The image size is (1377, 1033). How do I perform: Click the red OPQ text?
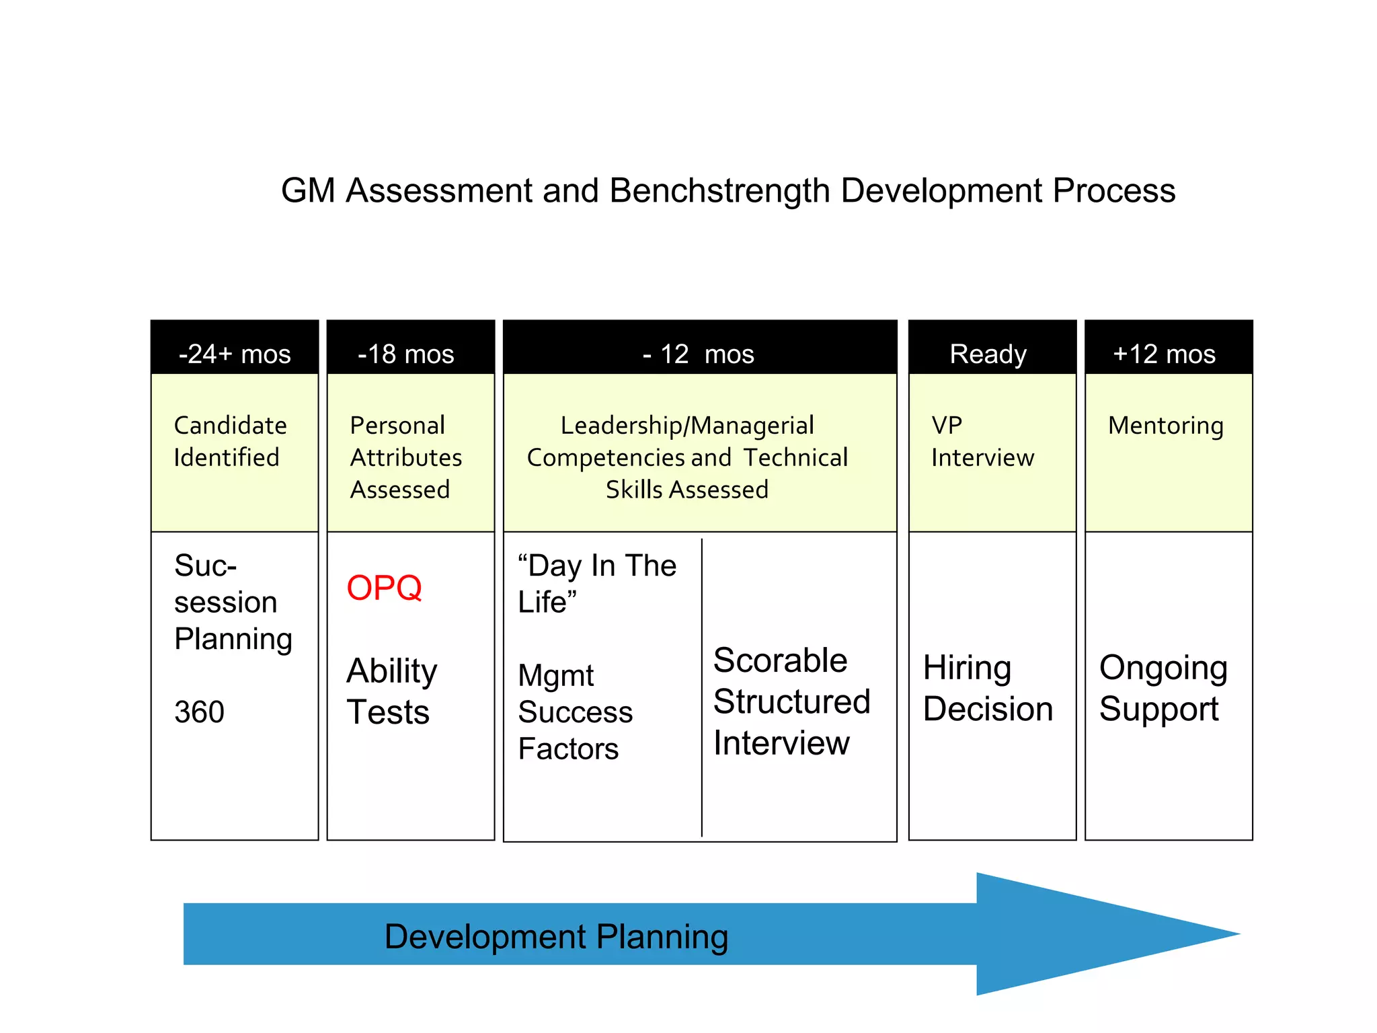tap(384, 588)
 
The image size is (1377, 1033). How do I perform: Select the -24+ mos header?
tap(235, 354)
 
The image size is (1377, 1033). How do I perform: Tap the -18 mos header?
tap(406, 354)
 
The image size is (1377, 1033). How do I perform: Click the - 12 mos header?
tap(699, 354)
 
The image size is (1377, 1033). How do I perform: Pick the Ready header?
tap(988, 354)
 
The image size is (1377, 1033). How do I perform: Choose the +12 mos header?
tap(1164, 354)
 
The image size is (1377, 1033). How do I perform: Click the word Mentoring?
tap(1165, 426)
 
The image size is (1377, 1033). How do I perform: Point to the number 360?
tap(199, 712)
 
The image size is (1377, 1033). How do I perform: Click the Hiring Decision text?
tap(987, 689)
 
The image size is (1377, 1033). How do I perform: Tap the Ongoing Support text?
tap(1163, 689)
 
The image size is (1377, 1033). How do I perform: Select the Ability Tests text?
tap(391, 691)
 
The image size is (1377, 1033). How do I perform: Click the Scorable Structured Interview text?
tap(791, 702)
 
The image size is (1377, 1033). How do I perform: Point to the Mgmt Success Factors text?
tap(575, 712)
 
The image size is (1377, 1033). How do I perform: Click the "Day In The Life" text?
tap(596, 583)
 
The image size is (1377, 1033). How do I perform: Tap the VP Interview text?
tap(982, 442)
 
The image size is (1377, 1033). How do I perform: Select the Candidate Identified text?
tap(230, 442)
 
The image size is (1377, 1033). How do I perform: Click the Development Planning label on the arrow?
tap(556, 937)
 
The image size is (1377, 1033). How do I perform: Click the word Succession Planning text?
tap(232, 602)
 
